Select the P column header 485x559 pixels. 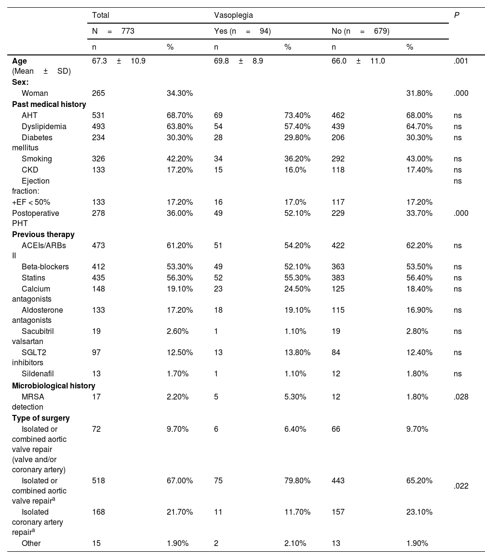456,15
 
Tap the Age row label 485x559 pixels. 20,61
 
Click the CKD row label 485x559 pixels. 30,170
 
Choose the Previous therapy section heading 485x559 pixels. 43,235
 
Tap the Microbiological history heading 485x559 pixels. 54,386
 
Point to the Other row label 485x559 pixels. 31,543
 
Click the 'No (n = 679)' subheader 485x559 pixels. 360,31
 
